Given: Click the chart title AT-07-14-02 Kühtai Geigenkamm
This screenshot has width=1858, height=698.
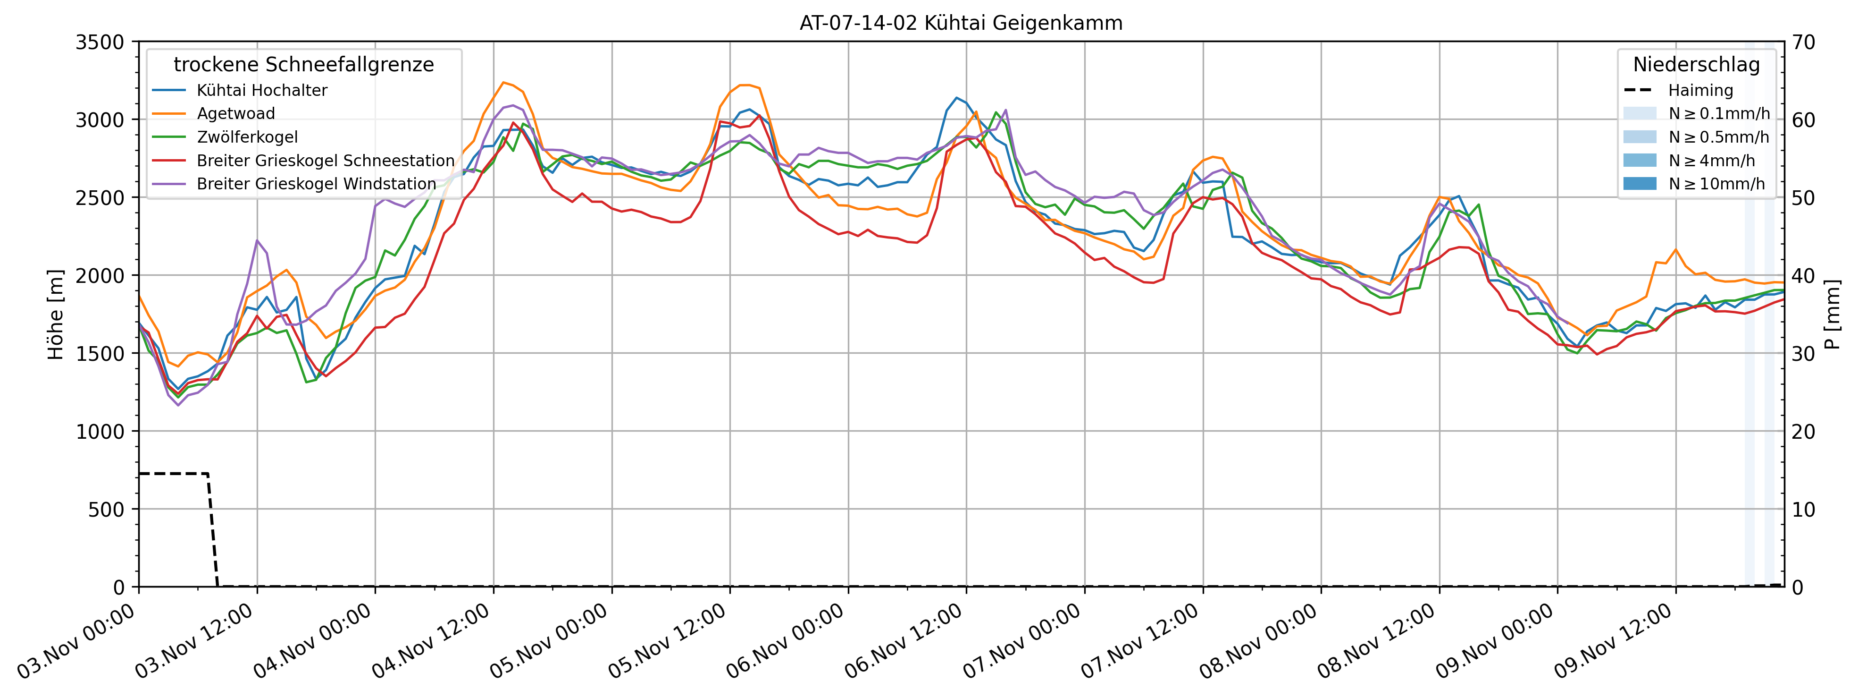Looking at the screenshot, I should pyautogui.click(x=961, y=23).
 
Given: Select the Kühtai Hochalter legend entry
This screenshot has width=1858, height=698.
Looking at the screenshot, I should pyautogui.click(x=261, y=90).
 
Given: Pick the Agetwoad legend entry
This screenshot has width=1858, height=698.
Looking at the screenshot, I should pyautogui.click(x=235, y=113).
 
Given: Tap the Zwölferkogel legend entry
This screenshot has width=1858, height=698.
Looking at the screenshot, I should pyautogui.click(x=247, y=137).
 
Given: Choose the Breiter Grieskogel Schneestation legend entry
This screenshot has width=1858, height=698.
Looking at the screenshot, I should pyautogui.click(x=325, y=160).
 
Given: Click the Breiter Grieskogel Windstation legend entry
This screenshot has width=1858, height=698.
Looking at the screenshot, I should pyautogui.click(x=316, y=184).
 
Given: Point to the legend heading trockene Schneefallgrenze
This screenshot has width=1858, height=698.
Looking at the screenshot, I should pyautogui.click(x=304, y=64).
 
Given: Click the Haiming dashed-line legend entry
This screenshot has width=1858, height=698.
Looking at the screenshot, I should pyautogui.click(x=1700, y=90).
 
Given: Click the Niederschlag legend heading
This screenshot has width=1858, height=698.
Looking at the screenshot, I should pyautogui.click(x=1697, y=64).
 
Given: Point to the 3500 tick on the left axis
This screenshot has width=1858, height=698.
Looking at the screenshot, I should pyautogui.click(x=100, y=42).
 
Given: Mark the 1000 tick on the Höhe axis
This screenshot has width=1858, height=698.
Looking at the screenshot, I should pyautogui.click(x=100, y=432).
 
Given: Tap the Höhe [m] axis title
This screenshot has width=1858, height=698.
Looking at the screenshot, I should pyautogui.click(x=56, y=314).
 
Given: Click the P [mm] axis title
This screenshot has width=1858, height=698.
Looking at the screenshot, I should pyautogui.click(x=1833, y=314).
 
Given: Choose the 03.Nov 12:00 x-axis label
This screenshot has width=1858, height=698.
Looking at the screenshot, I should pyautogui.click(x=195, y=640).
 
